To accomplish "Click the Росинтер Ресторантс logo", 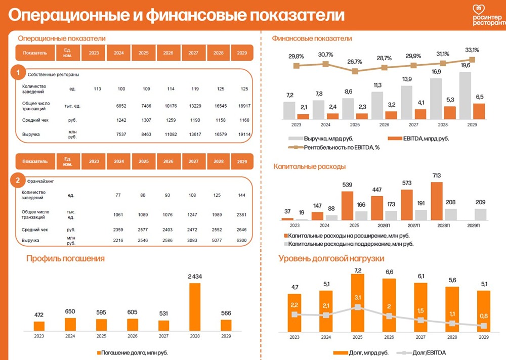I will pyautogui.click(x=488, y=15).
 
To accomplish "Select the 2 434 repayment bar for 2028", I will pyautogui.click(x=194, y=306).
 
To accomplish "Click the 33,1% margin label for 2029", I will pyautogui.click(x=472, y=50).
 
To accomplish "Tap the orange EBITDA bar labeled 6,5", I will pyautogui.click(x=479, y=111).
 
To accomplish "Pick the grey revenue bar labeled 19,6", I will pyautogui.click(x=465, y=95).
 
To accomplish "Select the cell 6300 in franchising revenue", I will pyautogui.click(x=241, y=241).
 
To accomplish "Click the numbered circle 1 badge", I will pyautogui.click(x=18, y=73).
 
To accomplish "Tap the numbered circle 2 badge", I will pyautogui.click(x=18, y=180).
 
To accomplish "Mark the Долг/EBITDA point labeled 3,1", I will pyautogui.click(x=358, y=307).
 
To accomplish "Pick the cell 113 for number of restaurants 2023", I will pyautogui.click(x=97, y=89).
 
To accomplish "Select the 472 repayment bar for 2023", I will pyautogui.click(x=39, y=326).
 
